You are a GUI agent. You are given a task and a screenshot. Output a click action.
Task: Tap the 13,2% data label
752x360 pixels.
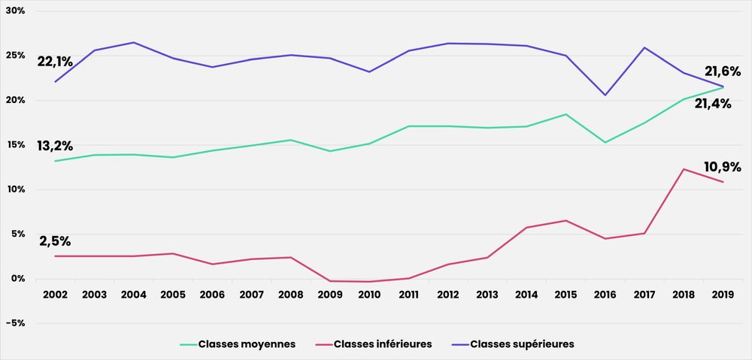coord(55,146)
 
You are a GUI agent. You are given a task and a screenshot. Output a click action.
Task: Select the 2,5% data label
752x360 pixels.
coord(55,241)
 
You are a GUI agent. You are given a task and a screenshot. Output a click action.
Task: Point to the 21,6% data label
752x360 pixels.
coord(723,71)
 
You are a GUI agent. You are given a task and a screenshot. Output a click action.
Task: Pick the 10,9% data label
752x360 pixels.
coord(723,167)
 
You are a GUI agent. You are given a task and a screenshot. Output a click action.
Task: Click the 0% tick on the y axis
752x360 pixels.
coord(17,279)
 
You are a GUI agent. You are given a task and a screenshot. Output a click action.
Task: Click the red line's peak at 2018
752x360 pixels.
coord(684,169)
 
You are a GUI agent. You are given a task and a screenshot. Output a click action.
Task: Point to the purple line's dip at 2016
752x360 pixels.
coord(605,95)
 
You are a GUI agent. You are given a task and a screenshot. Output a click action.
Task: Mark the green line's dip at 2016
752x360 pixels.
coord(605,142)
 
